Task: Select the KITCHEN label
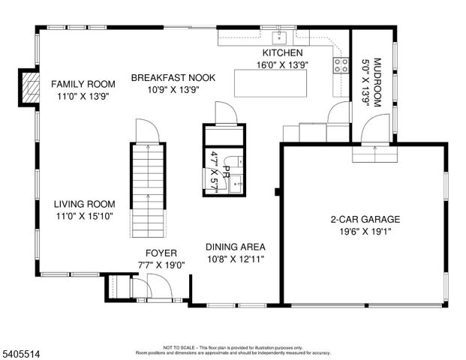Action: click(282, 53)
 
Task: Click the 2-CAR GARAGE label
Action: click(365, 220)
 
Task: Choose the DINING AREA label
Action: click(235, 246)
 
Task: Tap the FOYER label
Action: click(161, 253)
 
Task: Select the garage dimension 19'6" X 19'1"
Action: click(365, 232)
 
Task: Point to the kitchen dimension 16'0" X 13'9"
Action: click(282, 64)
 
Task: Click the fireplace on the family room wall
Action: click(29, 87)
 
